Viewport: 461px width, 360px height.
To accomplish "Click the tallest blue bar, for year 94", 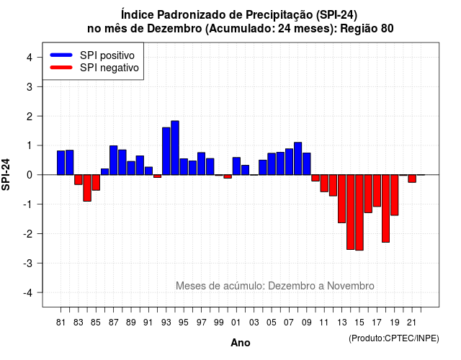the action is pyautogui.click(x=175, y=148).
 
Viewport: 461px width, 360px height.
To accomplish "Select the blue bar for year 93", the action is pyautogui.click(x=166, y=151).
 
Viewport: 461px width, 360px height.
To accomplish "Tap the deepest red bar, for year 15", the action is pyautogui.click(x=359, y=212).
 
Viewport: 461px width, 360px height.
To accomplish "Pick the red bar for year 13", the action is pyautogui.click(x=341, y=199).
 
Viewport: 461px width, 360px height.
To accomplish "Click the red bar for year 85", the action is pyautogui.click(x=96, y=182).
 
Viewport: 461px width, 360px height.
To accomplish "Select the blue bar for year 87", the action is pyautogui.click(x=114, y=160).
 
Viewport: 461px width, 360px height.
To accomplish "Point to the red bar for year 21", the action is pyautogui.click(x=412, y=179).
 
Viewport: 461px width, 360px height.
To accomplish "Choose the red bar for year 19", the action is pyautogui.click(x=395, y=195).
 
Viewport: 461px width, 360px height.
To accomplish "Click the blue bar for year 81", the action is pyautogui.click(x=61, y=163).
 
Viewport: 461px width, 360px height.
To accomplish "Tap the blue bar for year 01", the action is pyautogui.click(x=236, y=166).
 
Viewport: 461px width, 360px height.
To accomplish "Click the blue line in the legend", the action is pyautogui.click(x=61, y=55).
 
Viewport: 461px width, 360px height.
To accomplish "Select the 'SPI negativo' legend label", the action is pyautogui.click(x=109, y=68).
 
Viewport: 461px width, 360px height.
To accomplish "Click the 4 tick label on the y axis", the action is pyautogui.click(x=30, y=57).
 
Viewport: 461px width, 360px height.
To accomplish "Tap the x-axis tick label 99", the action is pyautogui.click(x=219, y=323).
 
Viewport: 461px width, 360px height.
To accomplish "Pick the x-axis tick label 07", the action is pyautogui.click(x=289, y=323).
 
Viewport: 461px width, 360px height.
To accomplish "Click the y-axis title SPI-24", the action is pyautogui.click(x=6, y=174).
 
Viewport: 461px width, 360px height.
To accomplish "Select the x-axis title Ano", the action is pyautogui.click(x=241, y=343).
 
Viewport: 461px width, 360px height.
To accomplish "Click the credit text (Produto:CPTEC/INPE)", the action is pyautogui.click(x=394, y=338).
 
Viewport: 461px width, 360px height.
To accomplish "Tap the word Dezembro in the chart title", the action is pyautogui.click(x=174, y=29).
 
